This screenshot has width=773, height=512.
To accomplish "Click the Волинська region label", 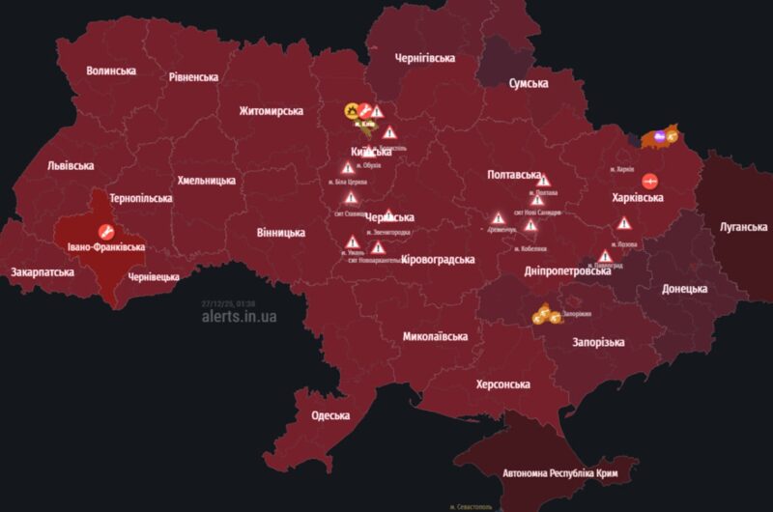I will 111,71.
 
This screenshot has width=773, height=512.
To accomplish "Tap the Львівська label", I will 72,166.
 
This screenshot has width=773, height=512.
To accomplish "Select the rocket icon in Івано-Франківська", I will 106,232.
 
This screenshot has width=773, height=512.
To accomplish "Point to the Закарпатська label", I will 43,272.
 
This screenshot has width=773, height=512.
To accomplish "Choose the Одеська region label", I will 330,415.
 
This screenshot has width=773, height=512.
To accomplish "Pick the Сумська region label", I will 529,83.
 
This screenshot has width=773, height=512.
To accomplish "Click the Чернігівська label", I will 425,58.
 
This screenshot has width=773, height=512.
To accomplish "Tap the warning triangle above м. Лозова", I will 604,230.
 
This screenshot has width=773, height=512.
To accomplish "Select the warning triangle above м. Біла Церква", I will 347,168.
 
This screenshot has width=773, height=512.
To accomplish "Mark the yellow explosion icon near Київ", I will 353,110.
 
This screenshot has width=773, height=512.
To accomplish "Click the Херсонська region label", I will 502,384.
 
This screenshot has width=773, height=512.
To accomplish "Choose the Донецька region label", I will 684,289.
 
